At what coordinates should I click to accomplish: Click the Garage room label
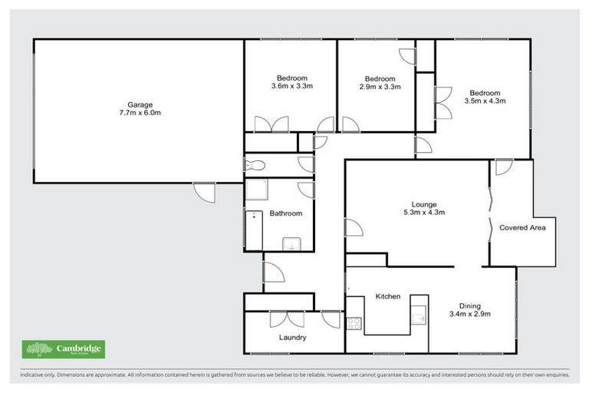pyautogui.click(x=140, y=104)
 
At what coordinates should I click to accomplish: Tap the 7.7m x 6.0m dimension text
pyautogui.click(x=140, y=113)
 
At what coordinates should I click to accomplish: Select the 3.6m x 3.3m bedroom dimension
pyautogui.click(x=292, y=87)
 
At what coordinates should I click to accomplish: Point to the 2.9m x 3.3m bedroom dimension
pyautogui.click(x=380, y=88)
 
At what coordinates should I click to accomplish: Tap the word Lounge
pyautogui.click(x=423, y=204)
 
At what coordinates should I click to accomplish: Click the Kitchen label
pyautogui.click(x=387, y=296)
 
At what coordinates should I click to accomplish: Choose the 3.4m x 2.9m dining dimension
pyautogui.click(x=469, y=314)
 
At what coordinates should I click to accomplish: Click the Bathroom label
pyautogui.click(x=285, y=213)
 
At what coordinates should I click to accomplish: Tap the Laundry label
pyautogui.click(x=293, y=338)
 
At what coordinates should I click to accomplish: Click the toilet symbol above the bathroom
pyautogui.click(x=255, y=165)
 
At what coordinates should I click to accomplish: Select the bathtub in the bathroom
pyautogui.click(x=253, y=230)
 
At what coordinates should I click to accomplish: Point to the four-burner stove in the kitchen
pyautogui.click(x=354, y=323)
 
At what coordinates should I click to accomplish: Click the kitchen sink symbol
pyautogui.click(x=418, y=315)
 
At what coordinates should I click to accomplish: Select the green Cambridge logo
pyautogui.click(x=64, y=350)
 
